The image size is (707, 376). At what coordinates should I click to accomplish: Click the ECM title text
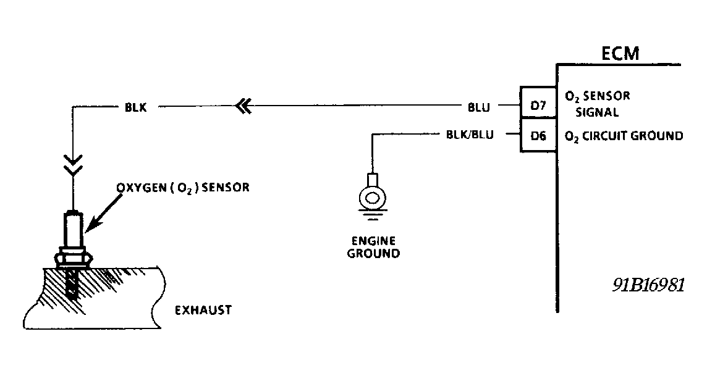[x=620, y=54]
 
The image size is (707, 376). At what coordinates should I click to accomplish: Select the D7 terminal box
[x=538, y=106]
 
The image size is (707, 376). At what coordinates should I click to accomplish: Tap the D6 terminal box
[x=538, y=136]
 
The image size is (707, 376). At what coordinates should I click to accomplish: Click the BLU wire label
[x=479, y=107]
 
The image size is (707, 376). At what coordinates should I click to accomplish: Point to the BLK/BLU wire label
[x=470, y=135]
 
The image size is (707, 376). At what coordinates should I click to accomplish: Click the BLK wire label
[x=135, y=107]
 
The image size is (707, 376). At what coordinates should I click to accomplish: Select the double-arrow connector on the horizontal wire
[x=243, y=107]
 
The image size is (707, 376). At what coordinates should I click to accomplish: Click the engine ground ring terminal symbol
[x=372, y=198]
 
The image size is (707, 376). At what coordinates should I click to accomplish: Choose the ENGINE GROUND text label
[x=373, y=247]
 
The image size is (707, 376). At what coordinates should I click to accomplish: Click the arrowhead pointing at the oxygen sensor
[x=88, y=228]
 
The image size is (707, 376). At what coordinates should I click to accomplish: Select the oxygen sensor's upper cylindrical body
[x=73, y=230]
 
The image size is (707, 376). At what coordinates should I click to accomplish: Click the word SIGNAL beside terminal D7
[x=597, y=113]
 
